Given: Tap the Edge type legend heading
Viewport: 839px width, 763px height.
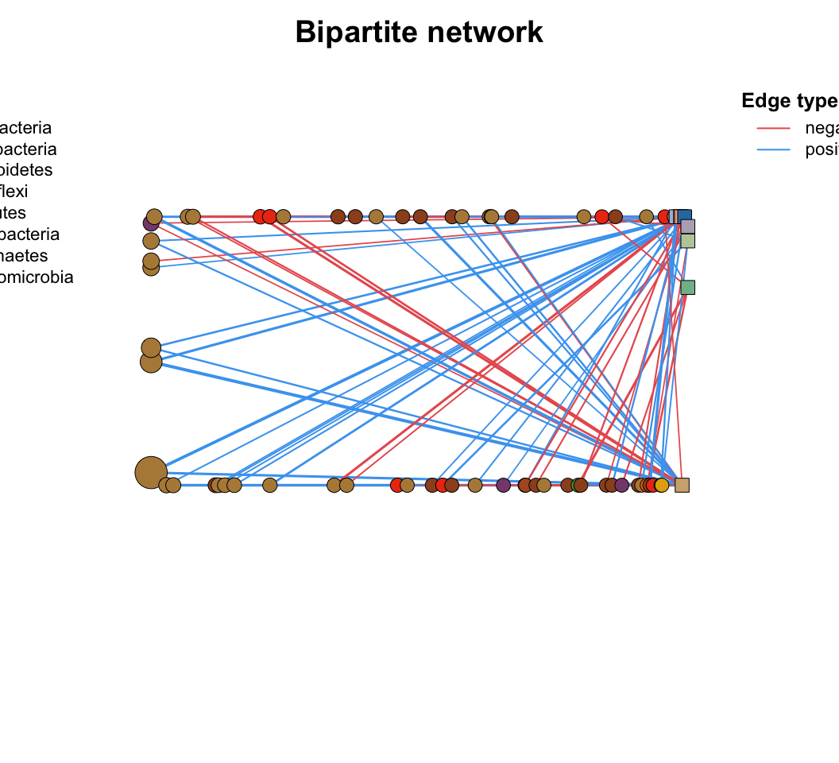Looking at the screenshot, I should tap(789, 101).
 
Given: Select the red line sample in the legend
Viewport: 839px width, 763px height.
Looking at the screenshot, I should tap(773, 128).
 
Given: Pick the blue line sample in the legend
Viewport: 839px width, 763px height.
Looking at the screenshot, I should tap(773, 150).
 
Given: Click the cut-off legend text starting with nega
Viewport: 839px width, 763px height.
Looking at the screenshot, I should tap(822, 128).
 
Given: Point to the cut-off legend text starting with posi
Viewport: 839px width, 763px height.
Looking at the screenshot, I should tap(822, 150).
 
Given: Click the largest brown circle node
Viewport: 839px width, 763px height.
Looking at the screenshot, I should tap(151, 472).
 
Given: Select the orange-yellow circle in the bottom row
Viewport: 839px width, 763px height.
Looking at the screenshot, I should tap(661, 485).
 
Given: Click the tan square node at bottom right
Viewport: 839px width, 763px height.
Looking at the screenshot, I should tap(682, 485).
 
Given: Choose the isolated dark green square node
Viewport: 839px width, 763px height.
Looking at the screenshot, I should tap(688, 287).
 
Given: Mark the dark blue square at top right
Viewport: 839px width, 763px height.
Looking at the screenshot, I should tap(684, 215).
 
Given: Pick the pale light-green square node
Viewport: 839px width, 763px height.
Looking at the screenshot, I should tap(688, 241).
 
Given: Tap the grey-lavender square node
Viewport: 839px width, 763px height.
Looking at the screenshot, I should tap(688, 227).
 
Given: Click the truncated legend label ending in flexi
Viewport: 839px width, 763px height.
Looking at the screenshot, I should tap(14, 192).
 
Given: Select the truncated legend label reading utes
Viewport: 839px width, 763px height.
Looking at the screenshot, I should tap(13, 213).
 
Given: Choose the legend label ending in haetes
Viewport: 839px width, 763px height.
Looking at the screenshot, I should tap(24, 256).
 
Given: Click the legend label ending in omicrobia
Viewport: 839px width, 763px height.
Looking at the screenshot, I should tap(37, 277).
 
